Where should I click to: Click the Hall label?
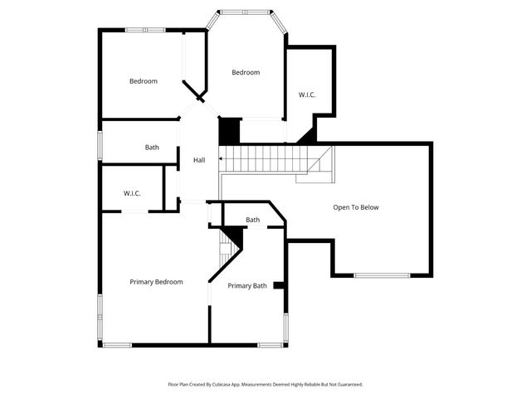click(x=199, y=160)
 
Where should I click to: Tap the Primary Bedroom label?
click(x=156, y=282)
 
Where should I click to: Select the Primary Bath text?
click(x=247, y=286)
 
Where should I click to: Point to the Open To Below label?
click(x=355, y=207)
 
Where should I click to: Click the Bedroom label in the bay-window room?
click(x=246, y=73)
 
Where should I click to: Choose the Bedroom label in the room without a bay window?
click(x=143, y=81)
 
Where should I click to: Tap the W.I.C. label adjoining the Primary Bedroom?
click(x=132, y=193)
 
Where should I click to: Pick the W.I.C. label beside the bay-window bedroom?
click(x=307, y=95)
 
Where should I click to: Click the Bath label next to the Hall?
click(x=152, y=148)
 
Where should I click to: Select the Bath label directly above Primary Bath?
click(x=253, y=220)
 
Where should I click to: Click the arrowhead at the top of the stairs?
click(x=221, y=158)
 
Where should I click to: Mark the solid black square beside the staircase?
click(x=228, y=130)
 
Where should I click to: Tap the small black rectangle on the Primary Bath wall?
click(x=279, y=286)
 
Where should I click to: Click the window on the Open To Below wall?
click(x=382, y=275)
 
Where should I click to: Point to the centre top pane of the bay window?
click(x=246, y=12)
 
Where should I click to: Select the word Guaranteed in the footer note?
click(x=345, y=385)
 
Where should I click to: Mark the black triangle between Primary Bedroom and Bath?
click(x=236, y=239)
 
